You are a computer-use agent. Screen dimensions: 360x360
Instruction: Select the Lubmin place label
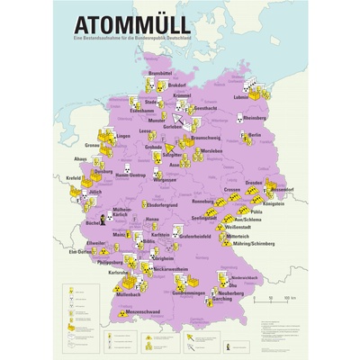pos(240,96)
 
